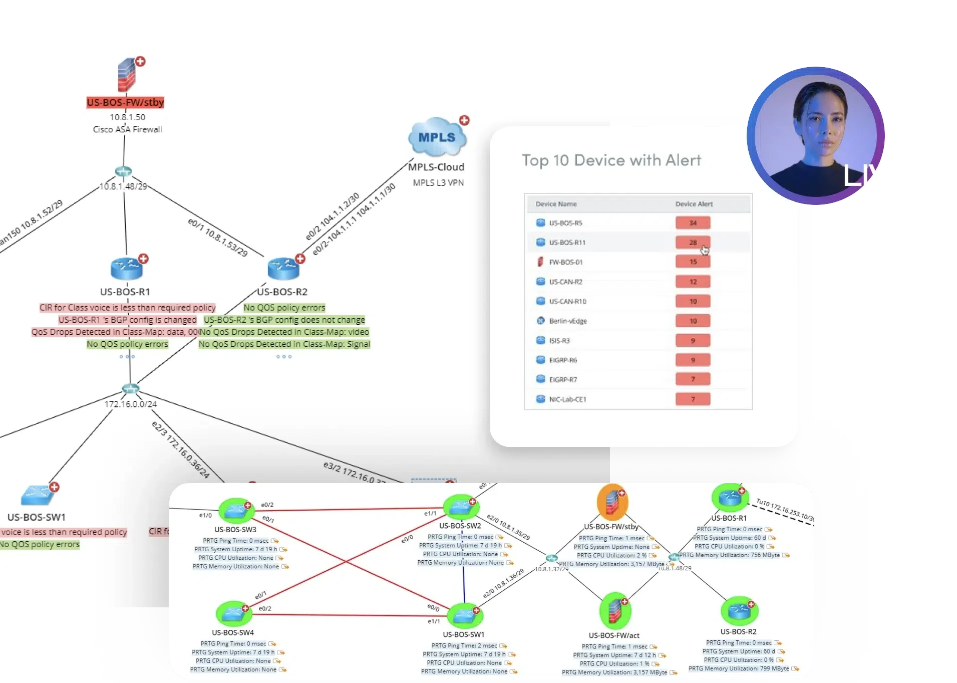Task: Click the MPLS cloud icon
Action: [437, 137]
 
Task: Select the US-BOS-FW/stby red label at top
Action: [125, 103]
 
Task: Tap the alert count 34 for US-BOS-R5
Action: [693, 223]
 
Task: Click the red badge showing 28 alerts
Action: [693, 243]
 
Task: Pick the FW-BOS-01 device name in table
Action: [565, 262]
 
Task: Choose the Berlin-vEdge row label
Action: [567, 321]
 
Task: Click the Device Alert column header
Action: [694, 204]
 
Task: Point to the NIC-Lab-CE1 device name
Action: [567, 399]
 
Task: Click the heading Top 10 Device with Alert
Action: [611, 160]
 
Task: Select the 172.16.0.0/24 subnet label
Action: [131, 404]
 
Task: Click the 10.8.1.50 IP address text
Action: [128, 117]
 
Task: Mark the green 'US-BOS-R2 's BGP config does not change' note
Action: [284, 320]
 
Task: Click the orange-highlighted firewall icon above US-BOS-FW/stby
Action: [612, 501]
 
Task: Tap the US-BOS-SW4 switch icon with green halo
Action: [233, 613]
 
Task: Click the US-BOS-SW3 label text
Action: [235, 530]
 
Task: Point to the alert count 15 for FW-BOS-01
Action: [693, 262]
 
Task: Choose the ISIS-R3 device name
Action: [559, 341]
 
